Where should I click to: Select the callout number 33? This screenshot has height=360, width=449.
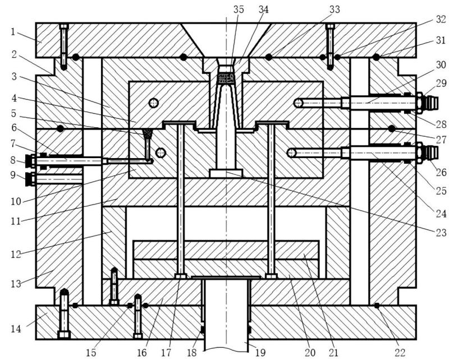click(335, 9)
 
